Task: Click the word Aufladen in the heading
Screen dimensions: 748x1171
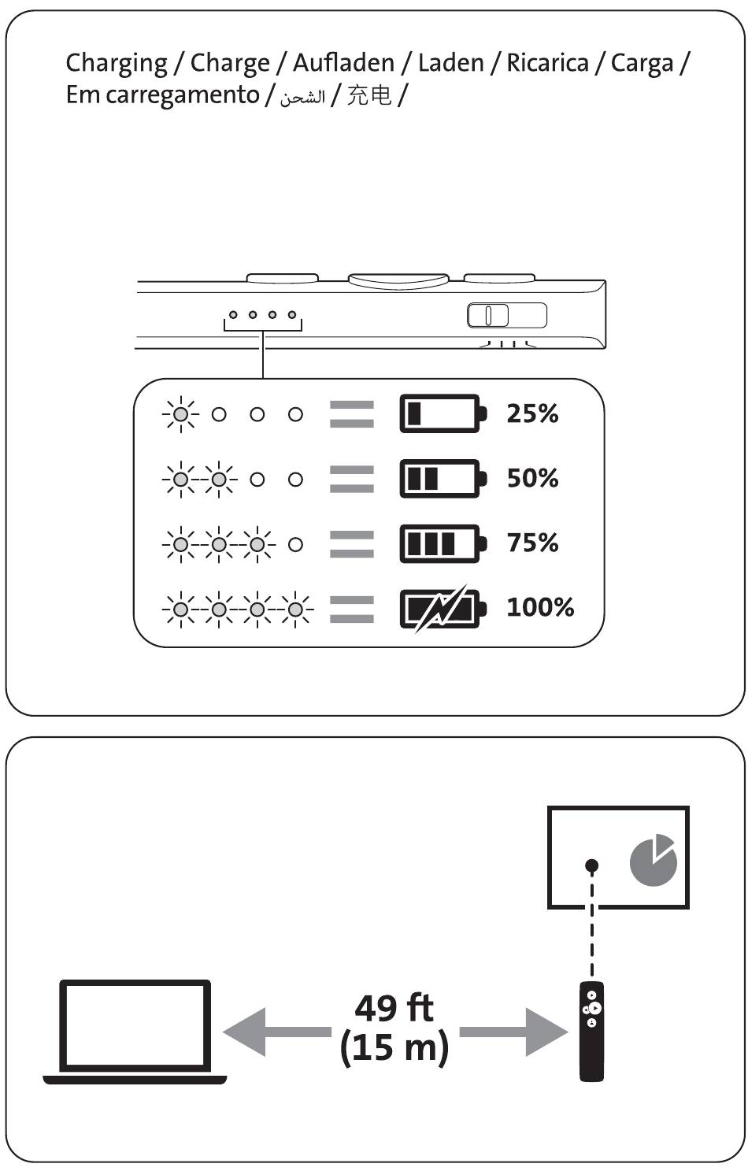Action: pyautogui.click(x=343, y=63)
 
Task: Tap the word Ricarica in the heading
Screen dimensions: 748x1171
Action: pyautogui.click(x=547, y=63)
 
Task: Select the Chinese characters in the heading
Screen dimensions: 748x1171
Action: pyautogui.click(x=369, y=95)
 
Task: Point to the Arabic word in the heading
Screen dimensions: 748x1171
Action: pyautogui.click(x=302, y=97)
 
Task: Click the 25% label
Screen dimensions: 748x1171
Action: pyautogui.click(x=532, y=413)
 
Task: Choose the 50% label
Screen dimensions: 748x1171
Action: pyautogui.click(x=532, y=478)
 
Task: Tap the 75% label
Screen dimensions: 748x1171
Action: pyautogui.click(x=532, y=543)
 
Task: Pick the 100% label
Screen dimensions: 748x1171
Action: pyautogui.click(x=540, y=607)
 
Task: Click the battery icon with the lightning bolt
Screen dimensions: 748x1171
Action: pyautogui.click(x=443, y=609)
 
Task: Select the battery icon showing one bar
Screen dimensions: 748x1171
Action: pyautogui.click(x=443, y=413)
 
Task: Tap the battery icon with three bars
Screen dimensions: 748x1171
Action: pyautogui.click(x=443, y=543)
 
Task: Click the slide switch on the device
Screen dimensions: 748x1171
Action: pyautogui.click(x=506, y=315)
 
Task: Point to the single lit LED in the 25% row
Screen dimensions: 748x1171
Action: pyautogui.click(x=180, y=414)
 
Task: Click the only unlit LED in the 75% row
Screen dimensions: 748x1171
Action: pyautogui.click(x=295, y=544)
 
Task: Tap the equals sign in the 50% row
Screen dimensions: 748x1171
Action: pyautogui.click(x=352, y=479)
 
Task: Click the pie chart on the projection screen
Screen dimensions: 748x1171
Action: pyautogui.click(x=653, y=859)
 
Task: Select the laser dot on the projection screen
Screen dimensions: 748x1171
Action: pyautogui.click(x=592, y=865)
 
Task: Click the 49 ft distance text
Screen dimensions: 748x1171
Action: pyautogui.click(x=394, y=1008)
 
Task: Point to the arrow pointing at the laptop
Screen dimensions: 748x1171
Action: pyautogui.click(x=277, y=1032)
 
